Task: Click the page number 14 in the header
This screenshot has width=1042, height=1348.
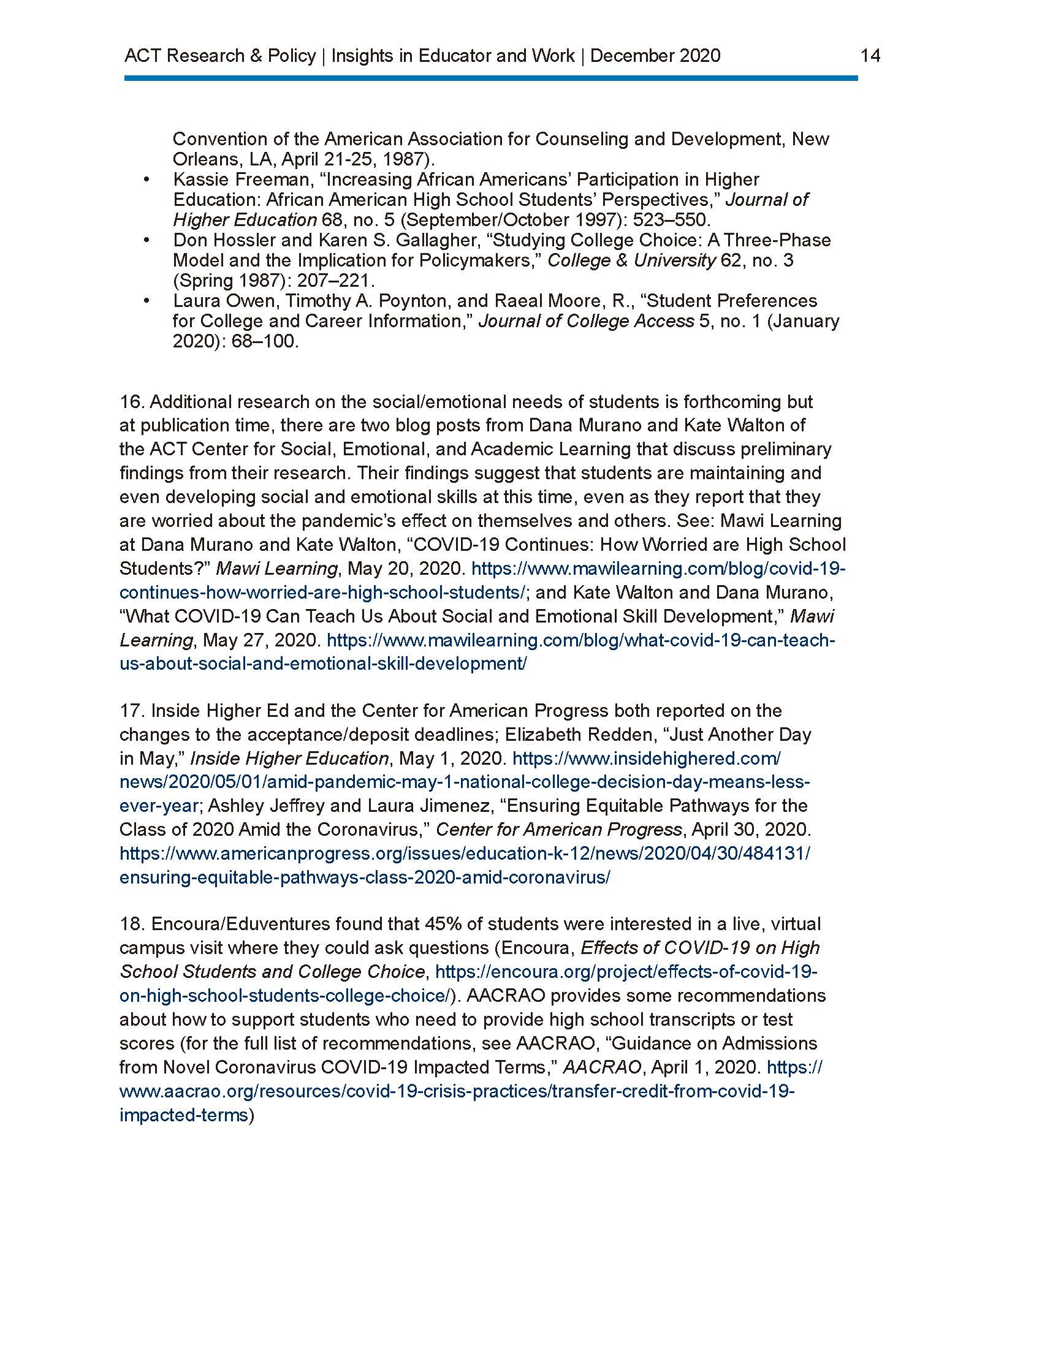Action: coord(870,56)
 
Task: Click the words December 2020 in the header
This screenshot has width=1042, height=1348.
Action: coord(656,56)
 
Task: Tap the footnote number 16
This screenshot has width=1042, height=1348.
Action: coord(131,402)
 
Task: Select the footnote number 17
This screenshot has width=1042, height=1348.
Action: coord(131,710)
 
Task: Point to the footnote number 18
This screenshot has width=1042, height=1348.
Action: coord(131,924)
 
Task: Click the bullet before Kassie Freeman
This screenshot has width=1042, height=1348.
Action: coord(146,180)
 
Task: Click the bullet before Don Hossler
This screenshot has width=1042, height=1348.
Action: coord(146,240)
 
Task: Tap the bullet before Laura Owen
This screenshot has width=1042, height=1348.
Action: coord(146,301)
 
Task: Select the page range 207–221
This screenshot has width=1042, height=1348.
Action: coord(336,281)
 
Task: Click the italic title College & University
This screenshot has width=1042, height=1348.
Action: coord(631,260)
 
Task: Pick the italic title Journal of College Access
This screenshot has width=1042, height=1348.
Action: coord(586,321)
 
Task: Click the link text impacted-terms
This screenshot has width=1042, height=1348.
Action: coord(183,1115)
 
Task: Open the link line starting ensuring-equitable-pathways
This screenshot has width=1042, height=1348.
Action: coord(364,877)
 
